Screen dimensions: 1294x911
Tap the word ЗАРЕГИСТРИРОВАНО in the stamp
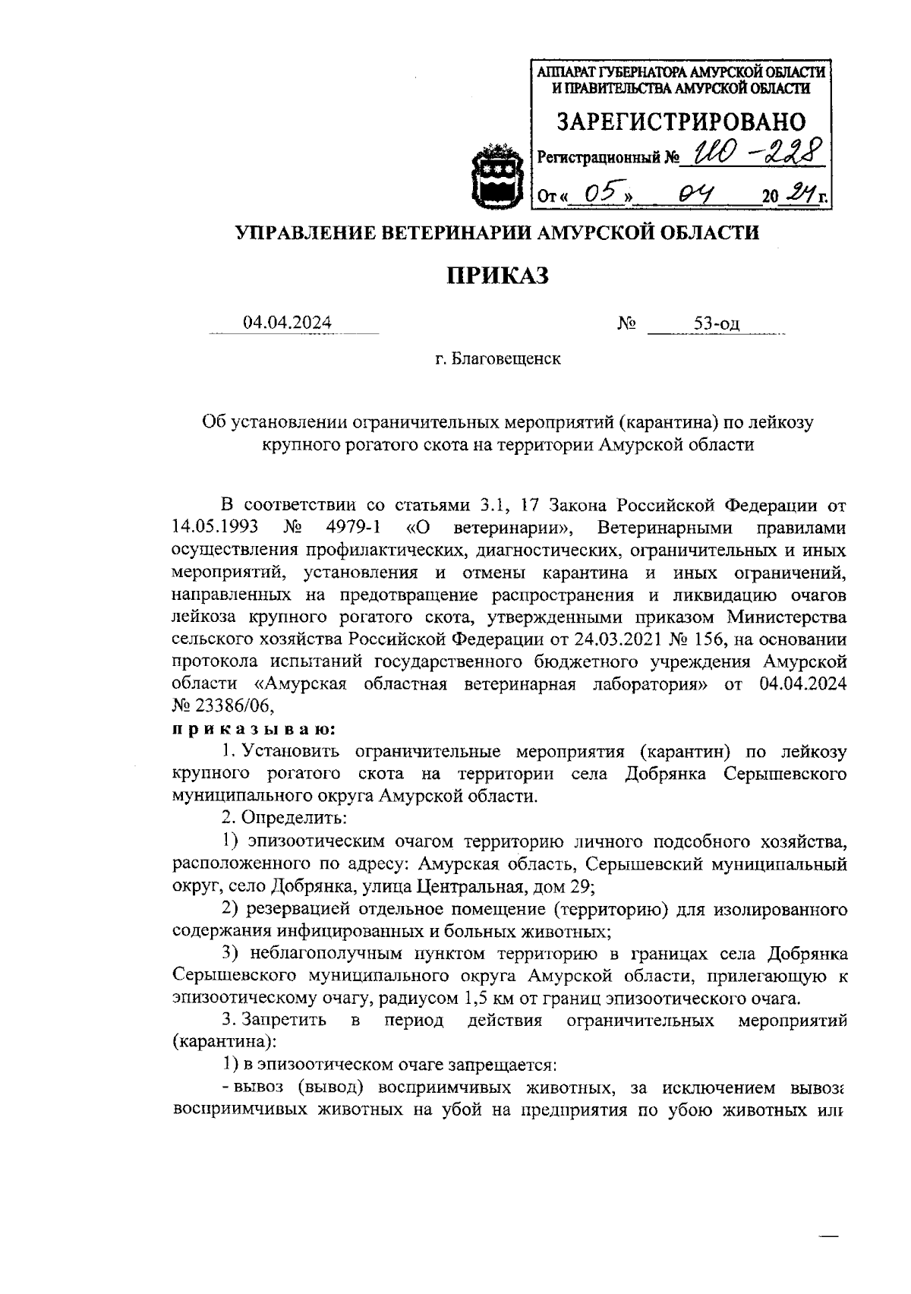[681, 122]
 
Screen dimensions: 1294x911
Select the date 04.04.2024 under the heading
[287, 323]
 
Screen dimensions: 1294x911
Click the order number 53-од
[716, 325]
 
